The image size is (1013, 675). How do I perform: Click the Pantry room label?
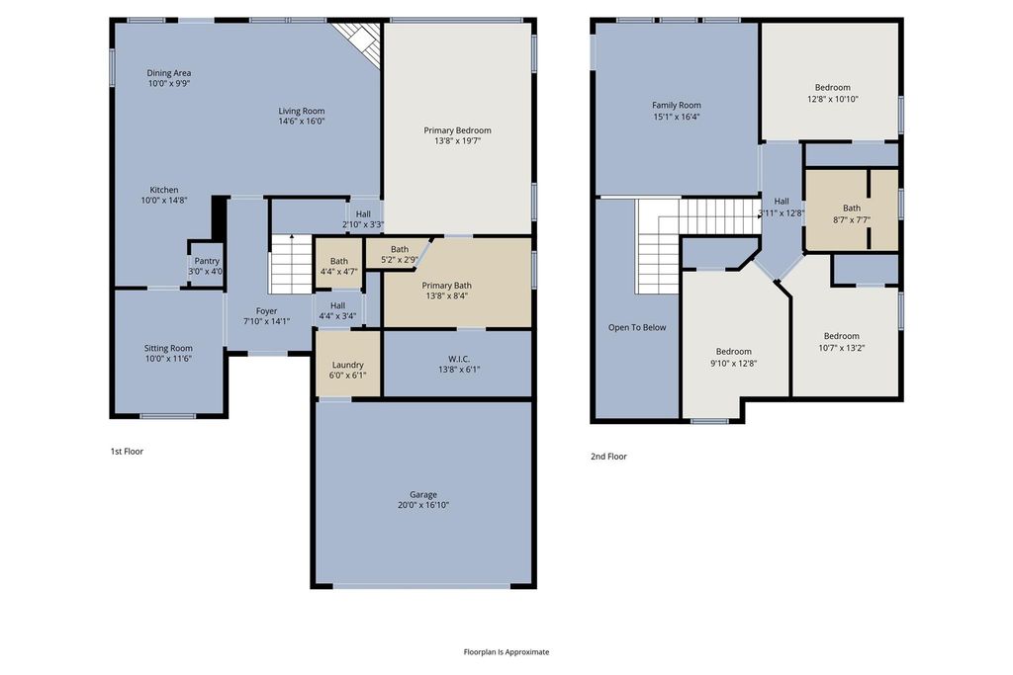point(207,261)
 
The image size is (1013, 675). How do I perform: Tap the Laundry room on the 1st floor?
point(347,365)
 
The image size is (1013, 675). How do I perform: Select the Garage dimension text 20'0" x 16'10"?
point(423,505)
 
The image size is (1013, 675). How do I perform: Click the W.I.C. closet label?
point(459,359)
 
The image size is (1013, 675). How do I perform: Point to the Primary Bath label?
point(446,286)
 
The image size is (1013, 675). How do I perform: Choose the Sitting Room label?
point(168,349)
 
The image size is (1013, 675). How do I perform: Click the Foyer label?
point(266,311)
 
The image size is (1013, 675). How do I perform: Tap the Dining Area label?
point(168,73)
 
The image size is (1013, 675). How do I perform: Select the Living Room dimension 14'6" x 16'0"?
point(302,121)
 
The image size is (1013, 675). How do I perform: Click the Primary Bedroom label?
point(457,130)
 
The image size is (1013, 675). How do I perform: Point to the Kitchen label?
point(164,190)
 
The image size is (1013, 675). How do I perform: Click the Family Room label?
point(677,105)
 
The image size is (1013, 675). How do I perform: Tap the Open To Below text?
point(637,327)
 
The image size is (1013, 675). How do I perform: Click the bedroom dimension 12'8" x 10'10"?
point(833,100)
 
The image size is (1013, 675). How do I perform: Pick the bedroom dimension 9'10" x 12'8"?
point(733,364)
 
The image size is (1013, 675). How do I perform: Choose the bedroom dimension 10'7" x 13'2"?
point(842,348)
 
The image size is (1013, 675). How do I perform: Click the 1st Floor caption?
point(127,451)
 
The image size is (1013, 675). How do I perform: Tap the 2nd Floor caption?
point(608,457)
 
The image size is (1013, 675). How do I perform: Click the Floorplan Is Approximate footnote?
point(506,651)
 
